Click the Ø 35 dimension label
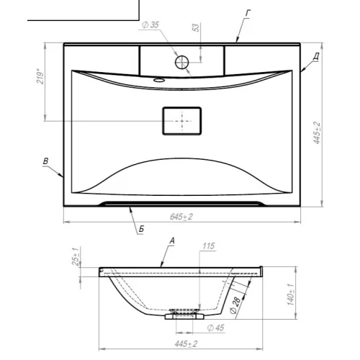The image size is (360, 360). pyautogui.click(x=150, y=24)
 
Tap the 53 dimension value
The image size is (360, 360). pyautogui.click(x=196, y=27)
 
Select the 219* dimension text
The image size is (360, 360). pyautogui.click(x=40, y=76)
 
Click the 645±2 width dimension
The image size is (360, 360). pyautogui.click(x=181, y=217)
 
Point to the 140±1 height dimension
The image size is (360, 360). pyautogui.click(x=290, y=294)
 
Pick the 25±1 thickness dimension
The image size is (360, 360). pyautogui.click(x=76, y=256)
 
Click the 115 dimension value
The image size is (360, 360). pyautogui.click(x=208, y=246)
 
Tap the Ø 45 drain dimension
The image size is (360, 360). pyautogui.click(x=215, y=328)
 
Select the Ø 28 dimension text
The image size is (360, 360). pyautogui.click(x=235, y=305)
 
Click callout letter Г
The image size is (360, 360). pyautogui.click(x=248, y=13)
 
